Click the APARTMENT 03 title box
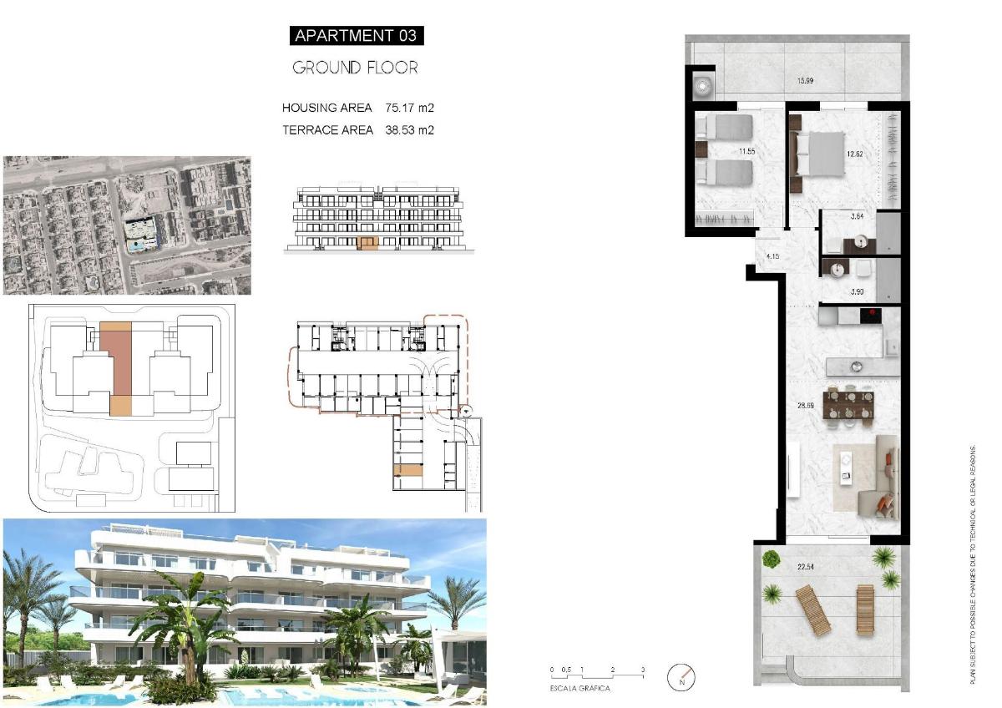pyautogui.click(x=357, y=35)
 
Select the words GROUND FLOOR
pyautogui.click(x=355, y=68)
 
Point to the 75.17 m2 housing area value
pyautogui.click(x=410, y=108)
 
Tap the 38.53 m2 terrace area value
pyautogui.click(x=410, y=130)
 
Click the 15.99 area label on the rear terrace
pyautogui.click(x=806, y=81)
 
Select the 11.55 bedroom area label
pyautogui.click(x=746, y=152)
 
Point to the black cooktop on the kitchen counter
pyautogui.click(x=870, y=315)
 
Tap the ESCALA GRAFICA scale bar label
pyautogui.click(x=579, y=689)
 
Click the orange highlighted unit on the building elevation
pyautogui.click(x=367, y=244)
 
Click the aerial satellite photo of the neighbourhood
pyautogui.click(x=127, y=225)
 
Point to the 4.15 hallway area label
pyautogui.click(x=772, y=255)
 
